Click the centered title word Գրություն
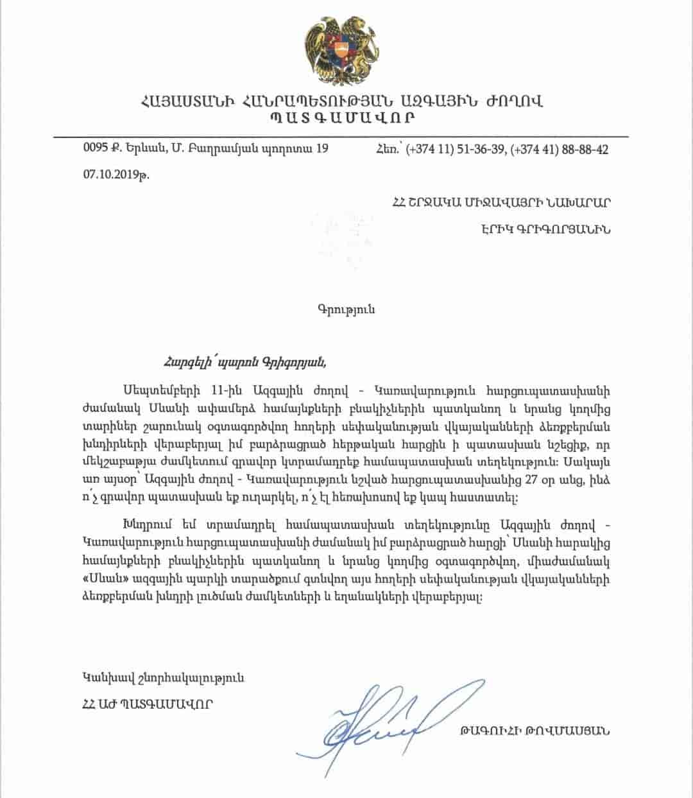tap(346, 309)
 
